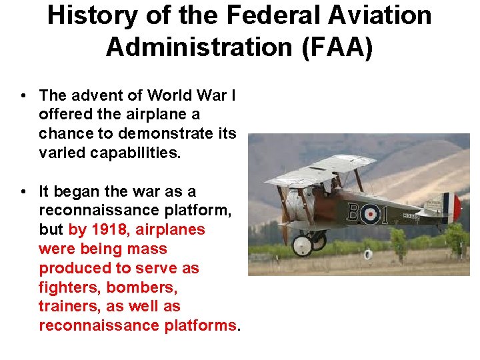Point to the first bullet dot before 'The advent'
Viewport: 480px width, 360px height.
[23, 96]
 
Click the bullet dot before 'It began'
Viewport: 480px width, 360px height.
[23, 192]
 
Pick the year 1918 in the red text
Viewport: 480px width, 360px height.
[109, 230]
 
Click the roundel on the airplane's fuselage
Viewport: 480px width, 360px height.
[373, 213]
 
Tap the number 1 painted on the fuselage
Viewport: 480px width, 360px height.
[391, 213]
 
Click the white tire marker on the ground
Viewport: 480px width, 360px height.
[368, 254]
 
